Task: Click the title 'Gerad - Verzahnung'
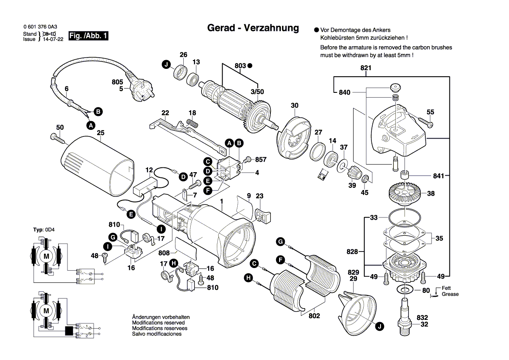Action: (253, 28)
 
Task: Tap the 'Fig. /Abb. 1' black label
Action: (89, 36)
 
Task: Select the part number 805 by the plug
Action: (118, 82)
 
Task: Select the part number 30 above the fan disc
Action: (295, 105)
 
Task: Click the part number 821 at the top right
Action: (366, 68)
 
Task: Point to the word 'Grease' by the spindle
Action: (450, 294)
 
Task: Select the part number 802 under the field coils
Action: (314, 316)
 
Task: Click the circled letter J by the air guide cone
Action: (380, 326)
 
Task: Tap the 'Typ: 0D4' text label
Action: (44, 230)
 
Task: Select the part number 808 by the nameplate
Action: (164, 252)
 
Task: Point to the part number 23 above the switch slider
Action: (260, 196)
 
